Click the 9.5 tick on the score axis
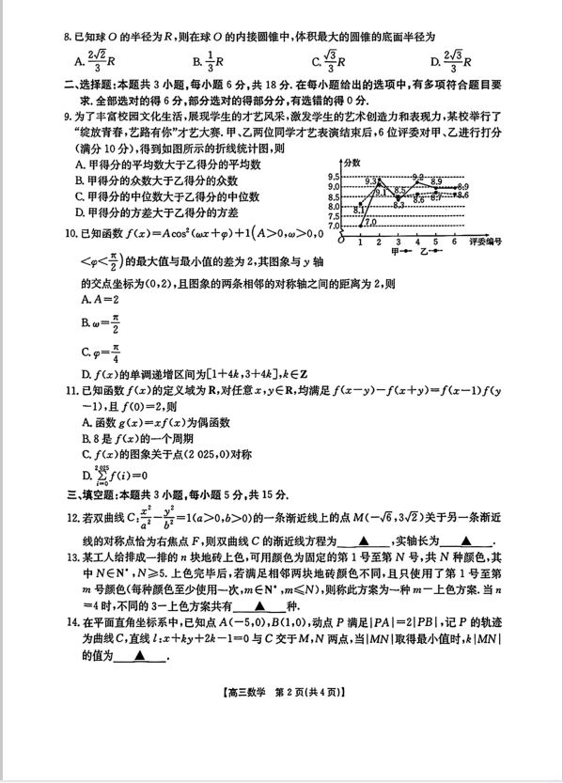point(334,177)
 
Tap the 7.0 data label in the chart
point(370,222)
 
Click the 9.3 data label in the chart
point(370,180)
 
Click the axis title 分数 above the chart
point(352,164)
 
